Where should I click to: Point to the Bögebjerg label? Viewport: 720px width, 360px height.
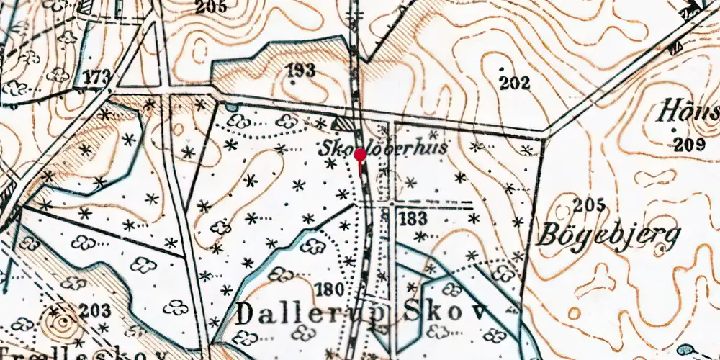[x=607, y=234]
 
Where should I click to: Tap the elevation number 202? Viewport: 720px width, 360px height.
[x=515, y=82]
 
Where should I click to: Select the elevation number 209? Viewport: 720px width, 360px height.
[x=690, y=144]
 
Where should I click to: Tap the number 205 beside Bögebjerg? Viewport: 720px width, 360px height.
[x=590, y=204]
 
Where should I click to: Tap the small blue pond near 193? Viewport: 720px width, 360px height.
[x=230, y=108]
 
